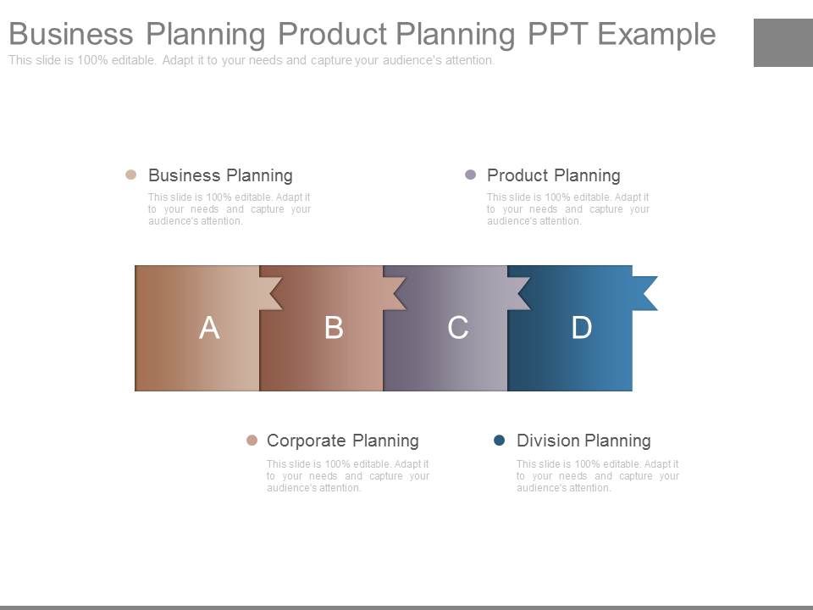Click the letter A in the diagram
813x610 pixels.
(x=209, y=328)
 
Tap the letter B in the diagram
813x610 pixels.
(x=334, y=328)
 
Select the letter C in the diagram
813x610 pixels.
(x=458, y=328)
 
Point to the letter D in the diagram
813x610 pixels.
(x=582, y=328)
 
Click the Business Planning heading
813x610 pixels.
(x=220, y=175)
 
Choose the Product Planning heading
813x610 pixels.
(x=554, y=175)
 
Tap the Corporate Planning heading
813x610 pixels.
(x=342, y=441)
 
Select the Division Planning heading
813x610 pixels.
(x=583, y=441)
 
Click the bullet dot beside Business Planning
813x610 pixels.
(x=130, y=175)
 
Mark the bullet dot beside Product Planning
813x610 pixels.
(x=471, y=175)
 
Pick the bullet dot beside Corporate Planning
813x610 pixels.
(x=252, y=441)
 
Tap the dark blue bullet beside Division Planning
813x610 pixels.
(x=500, y=441)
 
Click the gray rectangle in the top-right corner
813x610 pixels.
(x=783, y=42)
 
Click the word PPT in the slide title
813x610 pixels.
(x=556, y=35)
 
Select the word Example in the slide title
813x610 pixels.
(x=656, y=35)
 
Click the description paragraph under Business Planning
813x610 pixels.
(x=229, y=209)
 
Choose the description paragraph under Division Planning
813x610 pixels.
(x=597, y=475)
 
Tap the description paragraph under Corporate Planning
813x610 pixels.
(x=347, y=475)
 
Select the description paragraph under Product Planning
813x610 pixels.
(x=567, y=209)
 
